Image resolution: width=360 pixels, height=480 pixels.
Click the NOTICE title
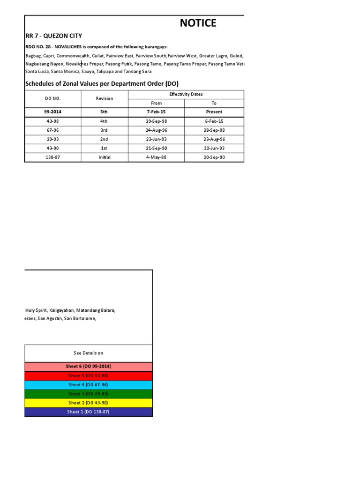point(198,23)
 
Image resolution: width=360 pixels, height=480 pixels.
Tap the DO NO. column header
point(52,98)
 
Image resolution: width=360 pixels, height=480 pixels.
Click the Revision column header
point(104,98)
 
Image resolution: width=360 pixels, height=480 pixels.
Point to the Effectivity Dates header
point(186,94)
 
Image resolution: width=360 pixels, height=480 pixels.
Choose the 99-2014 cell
point(52,112)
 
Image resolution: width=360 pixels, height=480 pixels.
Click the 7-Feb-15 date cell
point(156,112)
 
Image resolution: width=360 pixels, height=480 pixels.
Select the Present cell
point(214,112)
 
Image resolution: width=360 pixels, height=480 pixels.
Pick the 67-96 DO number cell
point(52,130)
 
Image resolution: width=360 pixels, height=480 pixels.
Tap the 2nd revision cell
point(104,139)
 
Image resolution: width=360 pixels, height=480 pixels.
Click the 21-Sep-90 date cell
point(156,148)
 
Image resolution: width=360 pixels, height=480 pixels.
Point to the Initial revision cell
point(104,157)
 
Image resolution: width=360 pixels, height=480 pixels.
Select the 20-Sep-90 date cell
point(214,157)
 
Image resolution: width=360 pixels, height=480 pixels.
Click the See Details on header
point(88,353)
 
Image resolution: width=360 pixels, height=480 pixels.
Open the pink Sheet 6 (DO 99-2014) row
point(88,366)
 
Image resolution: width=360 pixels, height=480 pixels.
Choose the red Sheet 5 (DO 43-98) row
point(88,375)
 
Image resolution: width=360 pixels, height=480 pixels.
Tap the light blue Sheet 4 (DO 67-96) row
point(88,384)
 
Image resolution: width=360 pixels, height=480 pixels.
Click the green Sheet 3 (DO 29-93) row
point(88,394)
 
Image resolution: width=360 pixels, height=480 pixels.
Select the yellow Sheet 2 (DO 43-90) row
point(88,403)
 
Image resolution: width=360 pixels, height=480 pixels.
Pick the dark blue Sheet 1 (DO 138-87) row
point(88,412)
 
